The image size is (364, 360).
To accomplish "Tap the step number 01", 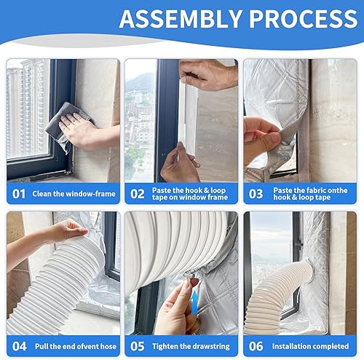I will pyautogui.click(x=20, y=193).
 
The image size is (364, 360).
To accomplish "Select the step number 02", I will pyautogui.click(x=137, y=193).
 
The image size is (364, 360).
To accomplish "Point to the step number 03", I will pyautogui.click(x=256, y=193).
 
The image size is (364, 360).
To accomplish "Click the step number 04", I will pyautogui.click(x=20, y=346).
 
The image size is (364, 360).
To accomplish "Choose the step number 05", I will pyautogui.click(x=137, y=346).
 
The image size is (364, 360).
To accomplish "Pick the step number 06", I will pyautogui.click(x=256, y=346).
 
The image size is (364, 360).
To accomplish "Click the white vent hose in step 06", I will pyautogui.click(x=277, y=299).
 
